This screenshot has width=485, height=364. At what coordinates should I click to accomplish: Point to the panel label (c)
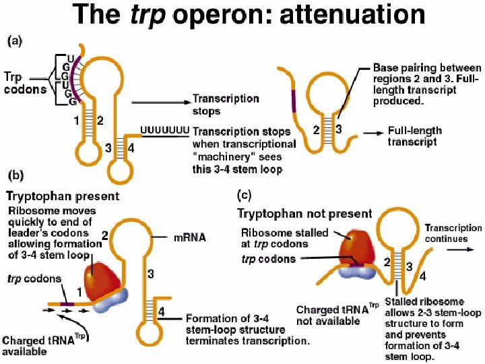(245, 195)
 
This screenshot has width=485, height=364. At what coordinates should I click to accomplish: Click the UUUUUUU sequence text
(163, 129)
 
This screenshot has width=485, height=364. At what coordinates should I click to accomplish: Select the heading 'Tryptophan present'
(63, 197)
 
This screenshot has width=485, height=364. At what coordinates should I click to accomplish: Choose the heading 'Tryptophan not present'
(304, 213)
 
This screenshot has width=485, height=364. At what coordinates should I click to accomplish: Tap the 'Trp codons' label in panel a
(24, 82)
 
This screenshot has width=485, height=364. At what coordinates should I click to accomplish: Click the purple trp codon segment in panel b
(67, 304)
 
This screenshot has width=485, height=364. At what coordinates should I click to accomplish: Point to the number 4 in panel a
(132, 149)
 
